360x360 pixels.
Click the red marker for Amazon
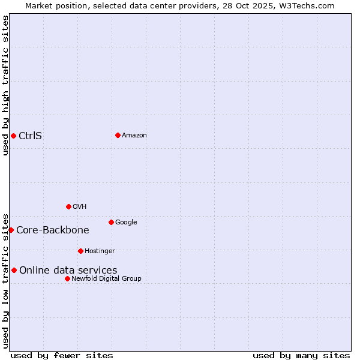(x=118, y=135)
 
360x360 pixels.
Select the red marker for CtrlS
(x=13, y=136)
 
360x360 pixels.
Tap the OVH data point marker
(x=68, y=206)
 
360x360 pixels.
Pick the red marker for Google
(x=111, y=222)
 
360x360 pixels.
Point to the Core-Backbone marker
(x=11, y=230)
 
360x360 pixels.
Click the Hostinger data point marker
(x=80, y=251)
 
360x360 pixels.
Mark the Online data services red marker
(x=14, y=270)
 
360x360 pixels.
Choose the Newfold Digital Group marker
(x=67, y=278)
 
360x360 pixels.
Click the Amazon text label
(x=134, y=136)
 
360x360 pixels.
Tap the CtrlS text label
(x=31, y=136)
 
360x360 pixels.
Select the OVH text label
(x=80, y=207)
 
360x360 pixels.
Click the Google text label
(x=126, y=223)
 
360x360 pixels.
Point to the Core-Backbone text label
(x=53, y=230)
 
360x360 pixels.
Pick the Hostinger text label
(x=100, y=251)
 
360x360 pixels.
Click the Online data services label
(x=68, y=271)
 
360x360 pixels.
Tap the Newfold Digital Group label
(x=106, y=279)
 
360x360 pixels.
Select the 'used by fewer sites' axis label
(x=62, y=355)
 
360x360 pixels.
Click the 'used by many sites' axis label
(x=301, y=355)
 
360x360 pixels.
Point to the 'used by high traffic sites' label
(x=6, y=85)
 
